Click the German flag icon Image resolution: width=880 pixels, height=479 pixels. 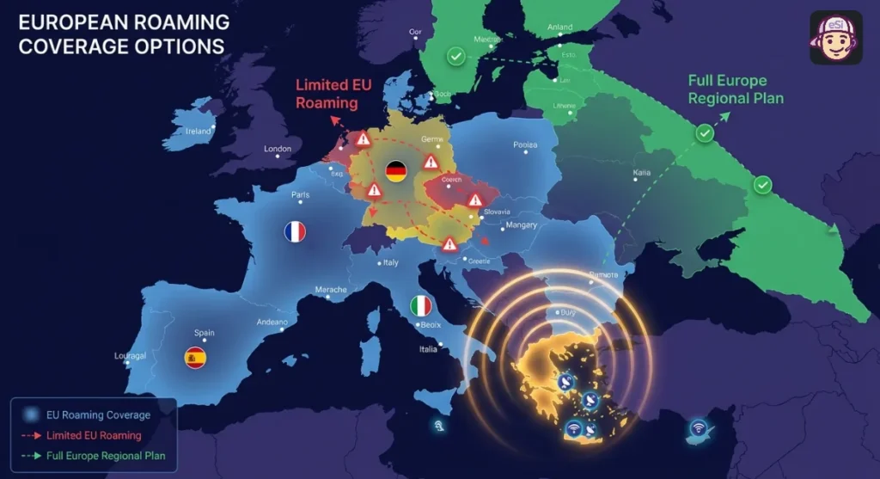(x=396, y=169)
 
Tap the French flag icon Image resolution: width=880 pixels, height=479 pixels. (x=295, y=231)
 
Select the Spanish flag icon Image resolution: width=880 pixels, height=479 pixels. (x=195, y=358)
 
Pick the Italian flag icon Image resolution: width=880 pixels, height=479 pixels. (x=420, y=305)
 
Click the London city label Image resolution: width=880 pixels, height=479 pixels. (x=278, y=149)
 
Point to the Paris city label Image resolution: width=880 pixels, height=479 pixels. (x=301, y=194)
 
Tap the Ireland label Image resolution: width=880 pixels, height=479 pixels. (x=199, y=131)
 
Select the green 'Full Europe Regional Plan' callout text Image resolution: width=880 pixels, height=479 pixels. (x=736, y=89)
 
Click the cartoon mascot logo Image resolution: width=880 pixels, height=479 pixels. (x=835, y=38)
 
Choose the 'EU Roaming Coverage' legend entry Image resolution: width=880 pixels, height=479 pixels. (x=98, y=415)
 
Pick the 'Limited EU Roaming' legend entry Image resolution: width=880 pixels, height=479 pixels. (x=95, y=435)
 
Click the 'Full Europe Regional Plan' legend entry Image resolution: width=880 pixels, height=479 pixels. (x=106, y=455)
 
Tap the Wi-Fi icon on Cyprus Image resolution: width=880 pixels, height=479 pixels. (x=699, y=427)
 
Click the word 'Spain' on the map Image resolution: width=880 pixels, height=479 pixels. (x=204, y=333)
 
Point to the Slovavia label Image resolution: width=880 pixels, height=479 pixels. (x=496, y=212)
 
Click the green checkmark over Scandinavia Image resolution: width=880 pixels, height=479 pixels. (x=455, y=57)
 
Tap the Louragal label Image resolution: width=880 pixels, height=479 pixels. (x=131, y=356)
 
